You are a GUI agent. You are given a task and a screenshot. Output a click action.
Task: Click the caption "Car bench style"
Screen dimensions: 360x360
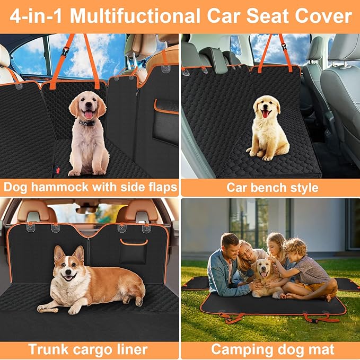tap(272, 187)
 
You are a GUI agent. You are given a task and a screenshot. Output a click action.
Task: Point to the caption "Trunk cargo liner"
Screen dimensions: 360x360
tap(87, 349)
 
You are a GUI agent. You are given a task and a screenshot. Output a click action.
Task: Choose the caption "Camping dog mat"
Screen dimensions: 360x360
tap(273, 349)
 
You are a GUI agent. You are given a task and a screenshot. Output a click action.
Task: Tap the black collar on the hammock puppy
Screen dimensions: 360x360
tap(86, 123)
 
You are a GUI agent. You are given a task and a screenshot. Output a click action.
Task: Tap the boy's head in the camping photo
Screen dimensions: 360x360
tap(295, 248)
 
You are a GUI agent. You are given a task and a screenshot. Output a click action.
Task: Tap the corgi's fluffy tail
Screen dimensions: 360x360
tap(136, 289)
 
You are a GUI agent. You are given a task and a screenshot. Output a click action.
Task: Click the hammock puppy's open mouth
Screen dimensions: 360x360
tap(87, 113)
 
